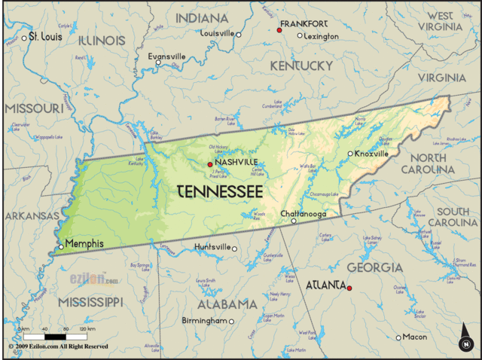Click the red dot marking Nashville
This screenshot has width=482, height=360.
pos(210,163)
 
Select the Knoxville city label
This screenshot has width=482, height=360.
pos(371,153)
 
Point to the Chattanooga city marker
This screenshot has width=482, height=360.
pos(294,221)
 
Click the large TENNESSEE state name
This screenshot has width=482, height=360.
pos(220,191)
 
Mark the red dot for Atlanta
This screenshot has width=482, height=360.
pos(349,288)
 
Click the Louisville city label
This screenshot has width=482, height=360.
pos(217,33)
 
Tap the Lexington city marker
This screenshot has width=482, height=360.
pos(299,35)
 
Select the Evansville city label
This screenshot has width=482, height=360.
pos(166,56)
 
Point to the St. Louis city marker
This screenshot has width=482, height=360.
pos(23,37)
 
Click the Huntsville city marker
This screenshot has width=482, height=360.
pos(234,249)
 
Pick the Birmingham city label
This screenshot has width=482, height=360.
pos(203,321)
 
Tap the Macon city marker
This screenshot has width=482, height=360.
pos(399,337)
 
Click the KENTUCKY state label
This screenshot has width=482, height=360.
pos(301,66)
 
